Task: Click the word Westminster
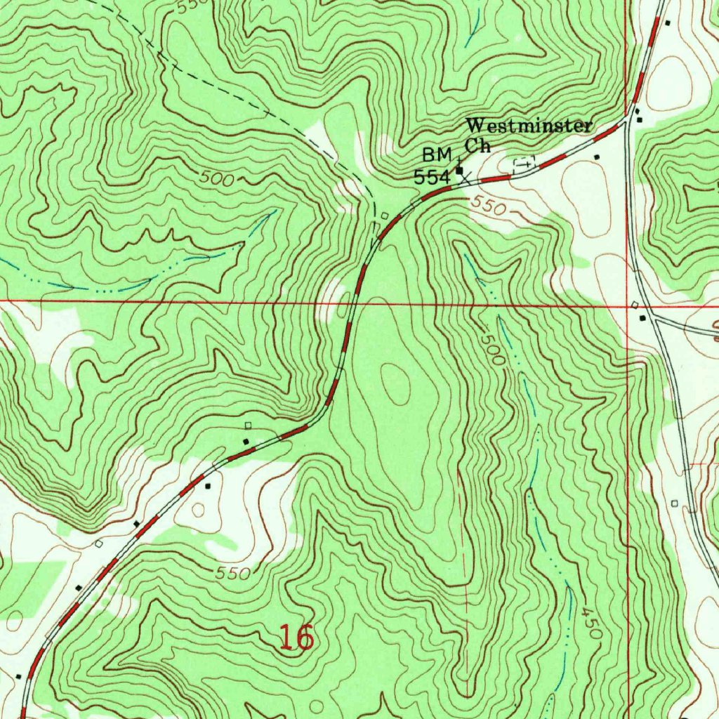point(529,126)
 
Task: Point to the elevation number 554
point(431,178)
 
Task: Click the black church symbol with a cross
point(459,169)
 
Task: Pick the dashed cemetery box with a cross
point(525,163)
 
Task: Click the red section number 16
point(296,638)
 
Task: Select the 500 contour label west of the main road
point(216,179)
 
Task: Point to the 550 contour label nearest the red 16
point(233,573)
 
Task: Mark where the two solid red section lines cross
point(626,303)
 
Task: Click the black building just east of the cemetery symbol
point(596,157)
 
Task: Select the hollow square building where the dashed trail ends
point(384,216)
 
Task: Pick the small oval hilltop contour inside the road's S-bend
point(395,383)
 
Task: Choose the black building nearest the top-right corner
point(668,23)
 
